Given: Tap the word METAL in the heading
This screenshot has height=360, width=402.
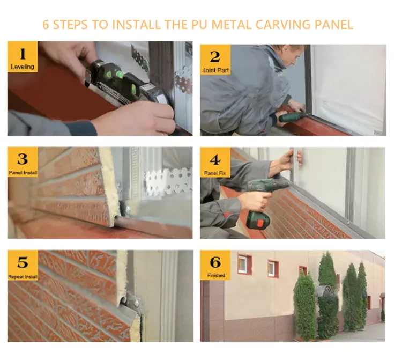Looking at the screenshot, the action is click(x=232, y=25).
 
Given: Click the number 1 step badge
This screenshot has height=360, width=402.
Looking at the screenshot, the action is click(x=23, y=57).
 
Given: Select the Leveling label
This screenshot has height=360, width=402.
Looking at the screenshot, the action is click(x=23, y=67).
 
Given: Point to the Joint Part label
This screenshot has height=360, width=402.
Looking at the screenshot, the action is click(x=215, y=70).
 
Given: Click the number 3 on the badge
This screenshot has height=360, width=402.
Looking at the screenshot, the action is click(x=23, y=159).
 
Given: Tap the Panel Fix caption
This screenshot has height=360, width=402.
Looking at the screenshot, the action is click(x=215, y=173).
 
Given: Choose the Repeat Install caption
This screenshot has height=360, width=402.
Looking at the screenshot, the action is click(x=23, y=277).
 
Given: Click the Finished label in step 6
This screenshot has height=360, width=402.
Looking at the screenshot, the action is click(x=216, y=275).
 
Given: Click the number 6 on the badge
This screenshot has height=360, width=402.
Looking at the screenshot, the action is click(x=215, y=262).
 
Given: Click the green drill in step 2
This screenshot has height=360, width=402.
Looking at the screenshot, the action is click(x=292, y=116).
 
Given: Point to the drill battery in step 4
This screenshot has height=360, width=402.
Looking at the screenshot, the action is click(x=258, y=221).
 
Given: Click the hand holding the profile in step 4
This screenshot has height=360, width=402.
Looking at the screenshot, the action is click(x=284, y=161).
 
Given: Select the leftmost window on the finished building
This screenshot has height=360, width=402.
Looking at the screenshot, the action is click(x=244, y=264).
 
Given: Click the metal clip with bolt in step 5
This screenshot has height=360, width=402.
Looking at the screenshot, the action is click(x=133, y=303).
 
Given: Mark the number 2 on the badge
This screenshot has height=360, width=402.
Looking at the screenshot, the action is click(x=215, y=57).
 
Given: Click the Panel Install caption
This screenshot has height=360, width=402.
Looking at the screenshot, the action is click(x=23, y=172).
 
